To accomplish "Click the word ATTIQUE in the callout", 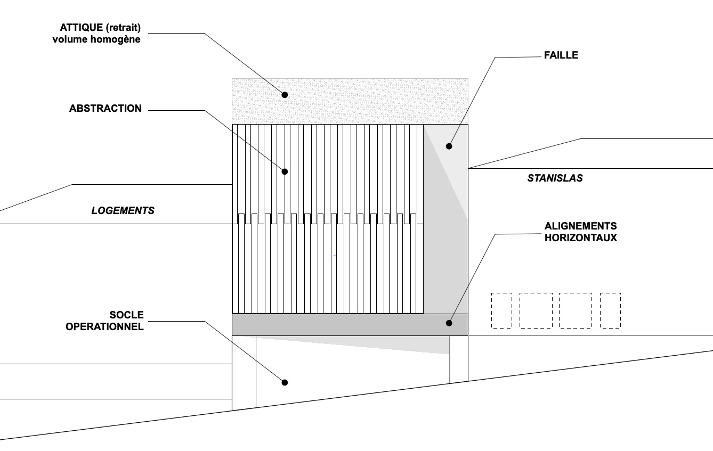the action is coord(82,28).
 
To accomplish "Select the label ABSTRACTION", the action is coord(106,109).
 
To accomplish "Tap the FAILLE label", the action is coord(561,55).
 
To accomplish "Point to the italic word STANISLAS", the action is coord(555,178).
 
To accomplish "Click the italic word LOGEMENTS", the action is coord(123,210).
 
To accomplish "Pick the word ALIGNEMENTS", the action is coord(581,226).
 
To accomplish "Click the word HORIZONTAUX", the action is coord(581,238).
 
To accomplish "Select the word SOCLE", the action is coord(127,315).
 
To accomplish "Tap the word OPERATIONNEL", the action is coord(105,326).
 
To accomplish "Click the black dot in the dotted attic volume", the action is coord(285,95).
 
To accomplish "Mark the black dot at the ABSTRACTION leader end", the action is coord(285,172).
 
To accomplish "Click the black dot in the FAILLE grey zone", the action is coord(449,146).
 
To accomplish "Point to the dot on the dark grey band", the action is coord(449,323).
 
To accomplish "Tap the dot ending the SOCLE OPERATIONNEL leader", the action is coord(285,382).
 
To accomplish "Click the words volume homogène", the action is coord(96,39).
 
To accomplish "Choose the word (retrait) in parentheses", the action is coord(124,28).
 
